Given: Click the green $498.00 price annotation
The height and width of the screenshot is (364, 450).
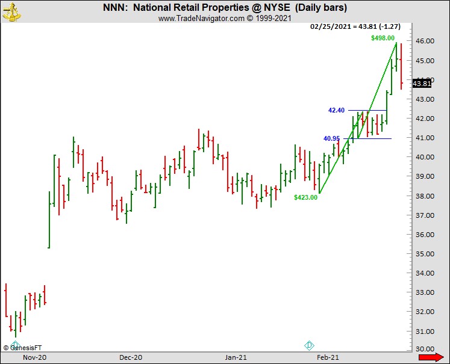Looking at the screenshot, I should pos(383,38).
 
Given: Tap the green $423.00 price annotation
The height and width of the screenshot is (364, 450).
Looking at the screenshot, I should pos(305,197).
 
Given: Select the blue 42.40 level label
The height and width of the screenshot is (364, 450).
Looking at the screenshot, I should pos(336,110).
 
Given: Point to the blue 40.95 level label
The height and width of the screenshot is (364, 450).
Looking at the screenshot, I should pos(332,138).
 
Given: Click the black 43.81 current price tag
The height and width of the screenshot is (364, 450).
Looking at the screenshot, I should pos(422,84).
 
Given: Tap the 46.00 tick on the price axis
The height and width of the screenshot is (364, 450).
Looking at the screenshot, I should pos(425,42).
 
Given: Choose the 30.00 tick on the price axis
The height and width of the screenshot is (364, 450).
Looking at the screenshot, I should pos(425,350).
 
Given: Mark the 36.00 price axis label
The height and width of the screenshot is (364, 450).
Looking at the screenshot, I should pos(425,235).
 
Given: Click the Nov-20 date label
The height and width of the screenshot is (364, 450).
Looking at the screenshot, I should pos(34,357).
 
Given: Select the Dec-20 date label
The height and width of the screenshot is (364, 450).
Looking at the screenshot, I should pos(131,357).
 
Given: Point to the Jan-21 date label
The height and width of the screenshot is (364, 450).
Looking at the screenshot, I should pos(236,357).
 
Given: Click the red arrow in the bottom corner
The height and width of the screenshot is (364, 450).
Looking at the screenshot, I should pos(430,358).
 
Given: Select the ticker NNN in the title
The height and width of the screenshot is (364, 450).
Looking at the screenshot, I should pos(114,8).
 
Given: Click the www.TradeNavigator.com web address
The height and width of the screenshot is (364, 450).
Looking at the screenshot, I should pos(201,19).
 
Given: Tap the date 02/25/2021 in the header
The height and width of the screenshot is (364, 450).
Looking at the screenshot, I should pos(330,27).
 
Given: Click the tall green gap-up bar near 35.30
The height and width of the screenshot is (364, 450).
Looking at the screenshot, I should pos(49,219).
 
